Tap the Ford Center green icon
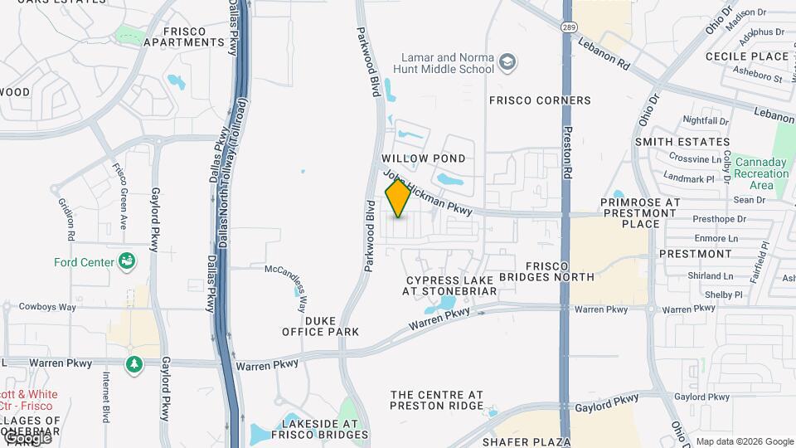pyautogui.click(x=128, y=262)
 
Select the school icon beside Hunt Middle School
pyautogui.click(x=507, y=62)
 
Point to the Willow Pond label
pyautogui.click(x=423, y=158)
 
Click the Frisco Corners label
pyautogui.click(x=540, y=100)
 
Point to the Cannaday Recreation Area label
pyautogui.click(x=762, y=173)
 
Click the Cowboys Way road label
pyautogui.click(x=47, y=307)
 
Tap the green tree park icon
pyautogui.click(x=134, y=364)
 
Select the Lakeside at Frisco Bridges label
pyautogui.click(x=320, y=429)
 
